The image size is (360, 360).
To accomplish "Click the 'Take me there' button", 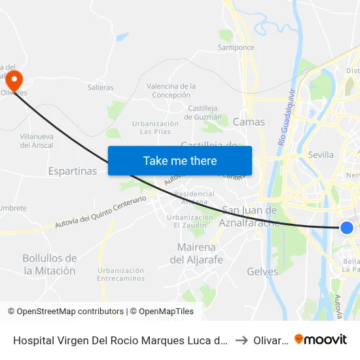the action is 180,160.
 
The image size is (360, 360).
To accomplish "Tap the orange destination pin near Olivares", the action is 14,80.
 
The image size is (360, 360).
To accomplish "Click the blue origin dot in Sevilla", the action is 347,227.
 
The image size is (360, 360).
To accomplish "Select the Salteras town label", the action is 100,88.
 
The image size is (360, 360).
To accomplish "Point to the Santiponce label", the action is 236,48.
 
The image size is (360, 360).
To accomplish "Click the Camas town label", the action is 249,122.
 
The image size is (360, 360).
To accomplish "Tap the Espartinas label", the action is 73,171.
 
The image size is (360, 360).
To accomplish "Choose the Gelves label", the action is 262,271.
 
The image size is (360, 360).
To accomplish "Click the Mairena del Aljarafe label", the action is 196,253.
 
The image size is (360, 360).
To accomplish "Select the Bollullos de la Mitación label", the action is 49,264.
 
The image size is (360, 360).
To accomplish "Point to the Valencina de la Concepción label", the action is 171,90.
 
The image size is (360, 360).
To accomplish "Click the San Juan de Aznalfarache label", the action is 251,216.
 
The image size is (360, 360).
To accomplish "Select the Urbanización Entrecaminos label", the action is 121,274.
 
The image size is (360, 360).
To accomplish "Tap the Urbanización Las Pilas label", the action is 155,127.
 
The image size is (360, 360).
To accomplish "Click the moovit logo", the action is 321,339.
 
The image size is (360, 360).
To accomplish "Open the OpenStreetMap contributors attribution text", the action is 65,312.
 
